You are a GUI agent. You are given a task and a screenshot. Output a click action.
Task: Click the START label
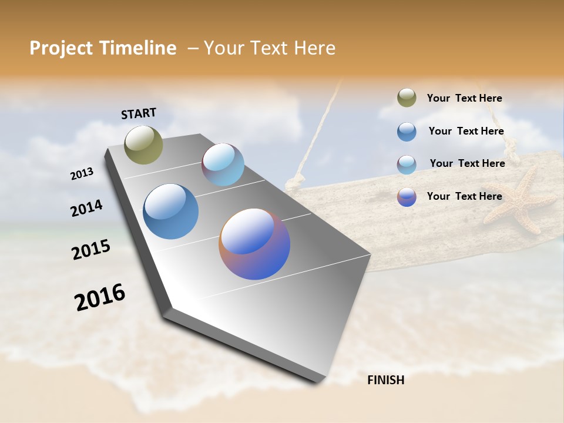pos(139,113)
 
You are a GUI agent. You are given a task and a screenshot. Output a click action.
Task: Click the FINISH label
pos(385,380)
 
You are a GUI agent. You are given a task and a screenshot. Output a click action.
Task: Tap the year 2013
pos(82,173)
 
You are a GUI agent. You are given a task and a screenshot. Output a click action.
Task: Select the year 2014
pos(86,208)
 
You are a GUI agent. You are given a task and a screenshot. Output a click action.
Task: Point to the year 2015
pos(91,249)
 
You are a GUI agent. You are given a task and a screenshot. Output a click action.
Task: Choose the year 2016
pos(100,297)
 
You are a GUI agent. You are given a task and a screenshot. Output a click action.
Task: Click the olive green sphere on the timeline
pos(143,145)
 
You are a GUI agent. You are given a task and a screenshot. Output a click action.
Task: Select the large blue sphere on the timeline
pos(170,211)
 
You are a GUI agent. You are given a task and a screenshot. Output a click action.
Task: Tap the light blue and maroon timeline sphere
pos(223,164)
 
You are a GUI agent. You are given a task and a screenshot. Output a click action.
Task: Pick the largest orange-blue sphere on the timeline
pos(254,244)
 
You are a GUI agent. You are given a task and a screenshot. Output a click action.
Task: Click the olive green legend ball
pos(407,98)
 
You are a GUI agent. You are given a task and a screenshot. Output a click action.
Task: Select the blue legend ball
pos(407,132)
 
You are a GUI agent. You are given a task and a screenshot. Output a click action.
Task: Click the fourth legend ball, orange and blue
pos(407,197)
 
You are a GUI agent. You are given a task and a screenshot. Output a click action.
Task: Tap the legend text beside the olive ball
pos(464,98)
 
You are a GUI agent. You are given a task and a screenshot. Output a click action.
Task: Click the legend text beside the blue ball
pos(466,131)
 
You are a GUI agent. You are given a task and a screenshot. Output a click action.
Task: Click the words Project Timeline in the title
pos(103,48)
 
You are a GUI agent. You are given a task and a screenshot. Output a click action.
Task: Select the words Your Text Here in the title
pos(269,48)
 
